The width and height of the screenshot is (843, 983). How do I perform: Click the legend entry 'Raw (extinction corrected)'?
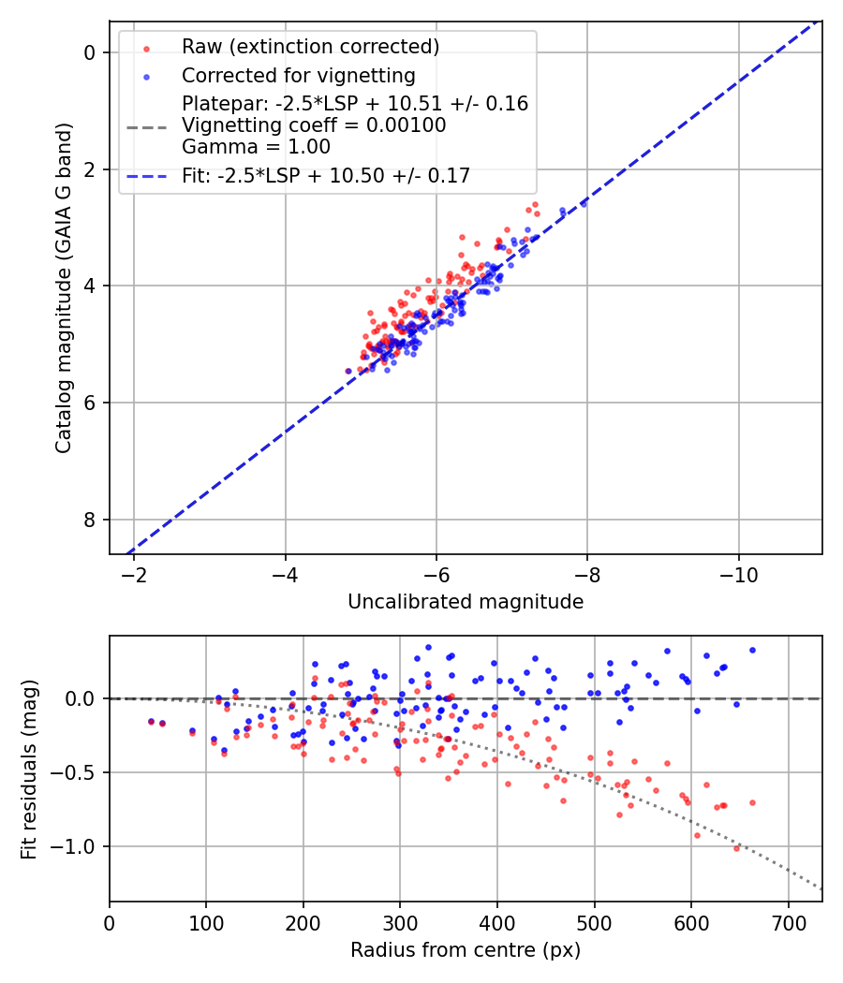[x=310, y=47]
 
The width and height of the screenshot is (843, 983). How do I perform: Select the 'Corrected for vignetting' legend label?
[x=298, y=75]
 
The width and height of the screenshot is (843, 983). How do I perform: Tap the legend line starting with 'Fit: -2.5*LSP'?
[x=326, y=175]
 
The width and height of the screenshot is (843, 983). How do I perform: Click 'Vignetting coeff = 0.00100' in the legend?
[x=314, y=125]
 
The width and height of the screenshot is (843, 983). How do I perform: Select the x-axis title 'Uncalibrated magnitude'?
[x=466, y=602]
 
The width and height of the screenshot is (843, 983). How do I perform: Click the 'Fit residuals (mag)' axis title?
[x=29, y=770]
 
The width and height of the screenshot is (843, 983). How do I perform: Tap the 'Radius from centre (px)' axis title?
[x=466, y=950]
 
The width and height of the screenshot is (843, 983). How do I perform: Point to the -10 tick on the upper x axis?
[x=738, y=571]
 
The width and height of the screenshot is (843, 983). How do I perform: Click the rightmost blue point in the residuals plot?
[x=752, y=650]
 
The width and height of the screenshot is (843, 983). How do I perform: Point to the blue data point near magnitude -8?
[x=584, y=202]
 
